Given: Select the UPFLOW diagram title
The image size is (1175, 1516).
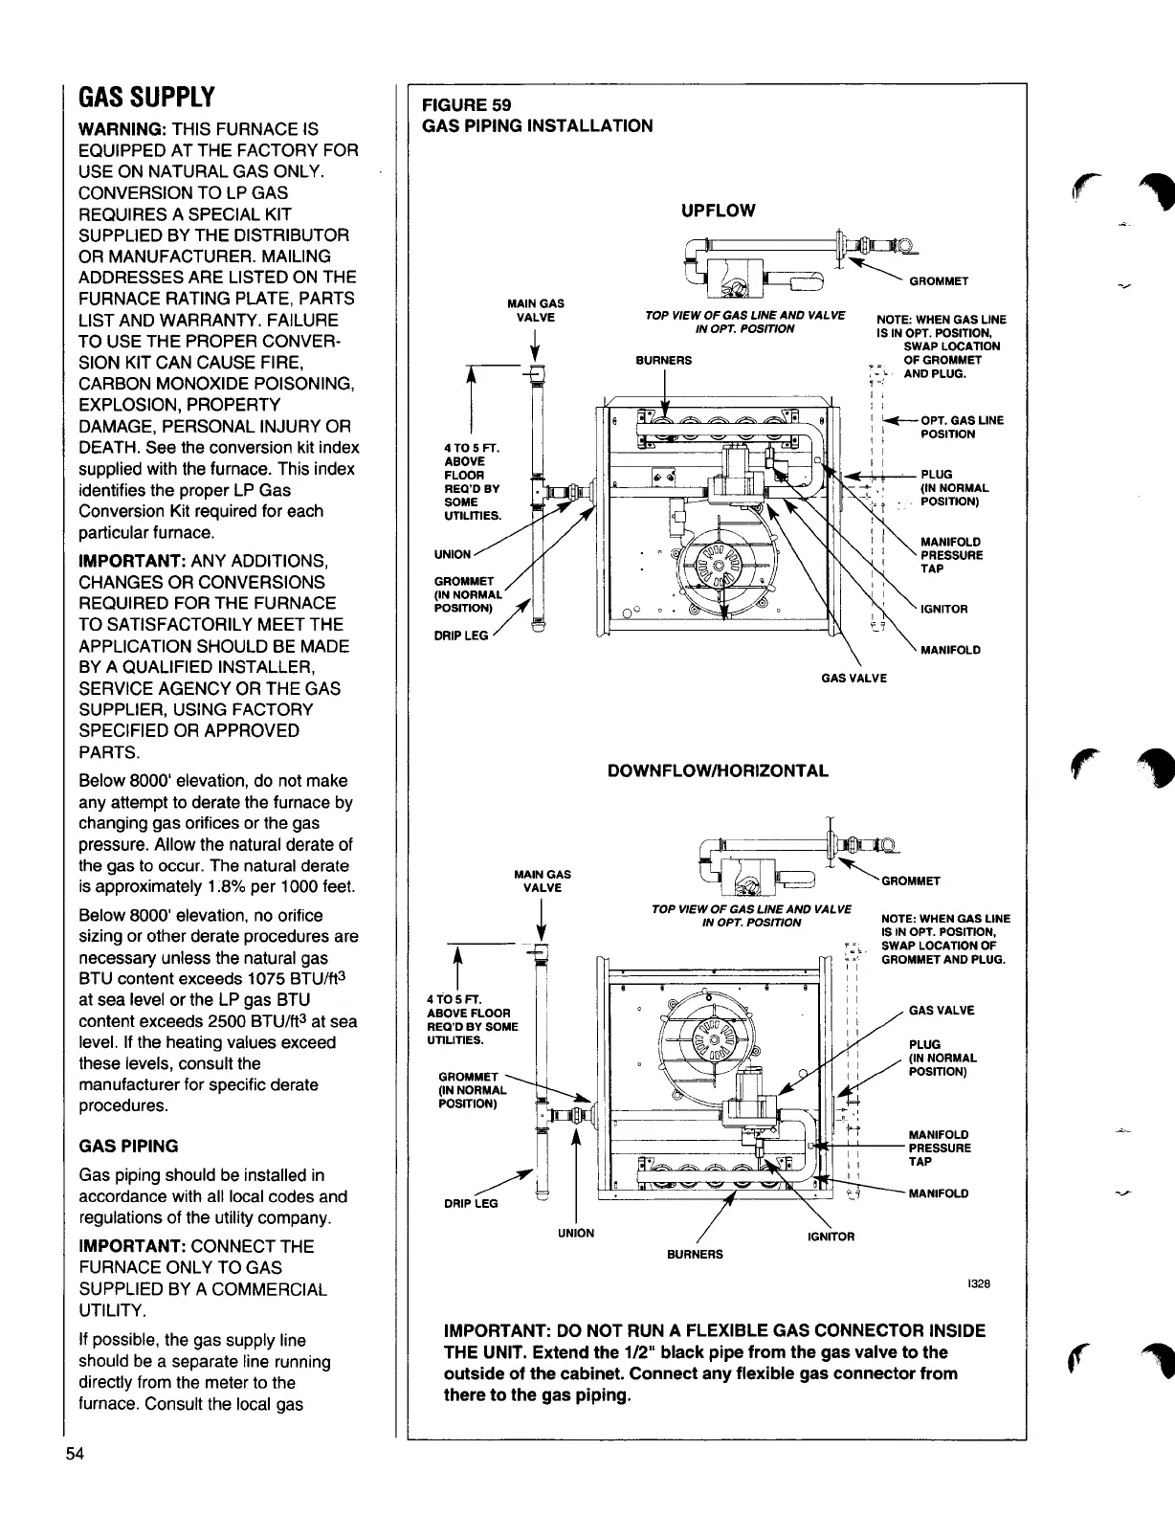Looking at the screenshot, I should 718,211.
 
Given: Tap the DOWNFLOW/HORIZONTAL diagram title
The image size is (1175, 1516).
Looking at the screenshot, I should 718,770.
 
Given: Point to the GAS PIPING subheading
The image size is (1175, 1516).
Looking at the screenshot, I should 128,1146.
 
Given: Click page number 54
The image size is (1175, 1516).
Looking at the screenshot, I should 75,1483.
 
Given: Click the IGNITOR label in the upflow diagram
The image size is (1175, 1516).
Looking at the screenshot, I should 943,610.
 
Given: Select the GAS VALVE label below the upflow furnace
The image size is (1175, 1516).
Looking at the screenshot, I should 854,679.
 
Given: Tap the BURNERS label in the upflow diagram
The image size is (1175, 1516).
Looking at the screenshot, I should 663,361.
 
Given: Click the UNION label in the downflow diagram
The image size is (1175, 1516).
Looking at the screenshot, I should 575,1233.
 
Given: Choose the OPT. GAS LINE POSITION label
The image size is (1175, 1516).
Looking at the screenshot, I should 961,427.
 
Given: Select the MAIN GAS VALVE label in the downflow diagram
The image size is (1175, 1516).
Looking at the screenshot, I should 543,881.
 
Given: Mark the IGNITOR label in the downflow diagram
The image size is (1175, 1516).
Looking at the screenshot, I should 831,1237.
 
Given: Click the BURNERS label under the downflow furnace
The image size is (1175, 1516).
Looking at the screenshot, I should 696,1254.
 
